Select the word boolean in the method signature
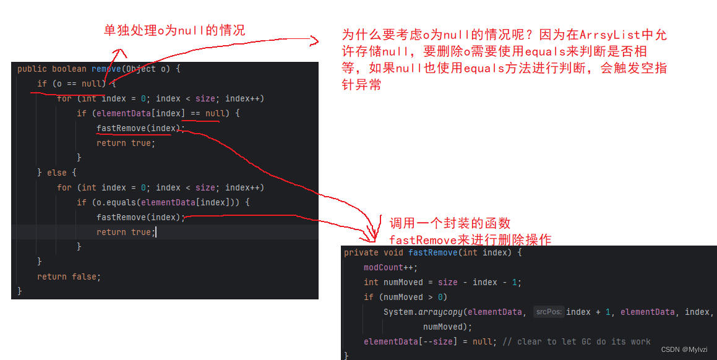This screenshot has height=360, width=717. pyautogui.click(x=69, y=69)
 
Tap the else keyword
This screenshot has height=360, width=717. pyautogui.click(x=57, y=173)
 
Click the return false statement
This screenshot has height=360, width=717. pyautogui.click(x=69, y=276)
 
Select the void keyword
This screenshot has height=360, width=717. pyautogui.click(x=393, y=252)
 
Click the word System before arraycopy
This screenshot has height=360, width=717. pyautogui.click(x=398, y=312)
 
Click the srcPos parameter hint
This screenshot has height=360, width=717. pyautogui.click(x=548, y=312)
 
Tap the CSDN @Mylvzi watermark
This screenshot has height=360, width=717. pyautogui.click(x=684, y=349)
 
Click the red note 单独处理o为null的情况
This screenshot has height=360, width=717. pyautogui.click(x=174, y=30)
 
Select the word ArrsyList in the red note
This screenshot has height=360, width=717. pyautogui.click(x=604, y=35)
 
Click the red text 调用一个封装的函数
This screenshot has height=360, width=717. pyautogui.click(x=450, y=223)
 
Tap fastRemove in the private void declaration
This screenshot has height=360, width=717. pyautogui.click(x=433, y=252)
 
